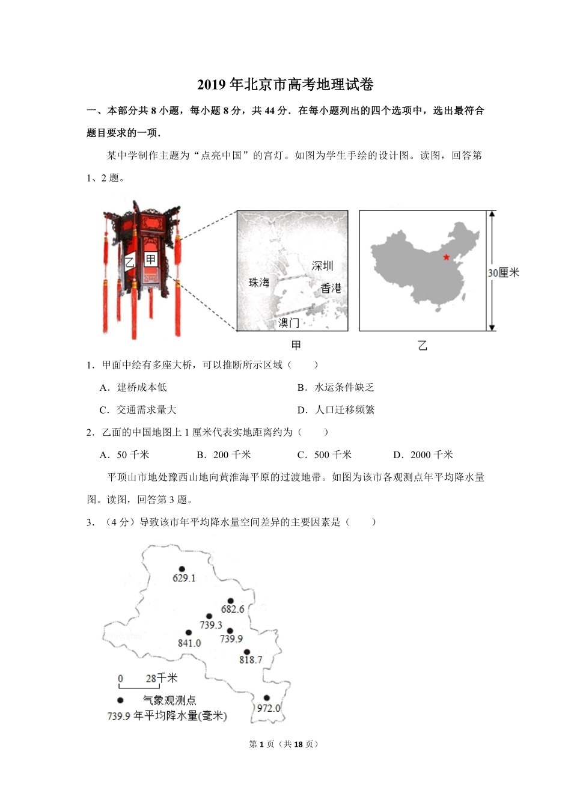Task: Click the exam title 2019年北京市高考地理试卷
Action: click(x=285, y=85)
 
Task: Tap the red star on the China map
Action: click(x=445, y=257)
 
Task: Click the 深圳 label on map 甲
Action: click(x=322, y=266)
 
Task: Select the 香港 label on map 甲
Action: click(x=331, y=289)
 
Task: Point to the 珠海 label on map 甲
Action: click(x=260, y=282)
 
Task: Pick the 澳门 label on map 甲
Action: click(x=289, y=323)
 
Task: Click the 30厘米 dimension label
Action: click(x=503, y=272)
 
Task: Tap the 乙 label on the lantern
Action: click(x=129, y=262)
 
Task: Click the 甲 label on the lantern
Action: click(x=150, y=260)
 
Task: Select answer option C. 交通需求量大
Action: click(x=138, y=410)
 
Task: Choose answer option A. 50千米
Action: click(x=124, y=454)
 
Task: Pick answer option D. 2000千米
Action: click(x=423, y=454)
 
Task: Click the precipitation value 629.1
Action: click(x=184, y=578)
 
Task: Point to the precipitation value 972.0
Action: click(x=269, y=708)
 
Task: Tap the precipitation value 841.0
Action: click(x=189, y=643)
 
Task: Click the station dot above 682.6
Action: click(x=231, y=601)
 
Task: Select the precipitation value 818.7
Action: click(x=251, y=660)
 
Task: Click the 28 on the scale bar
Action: click(x=151, y=679)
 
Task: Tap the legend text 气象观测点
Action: click(x=169, y=700)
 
